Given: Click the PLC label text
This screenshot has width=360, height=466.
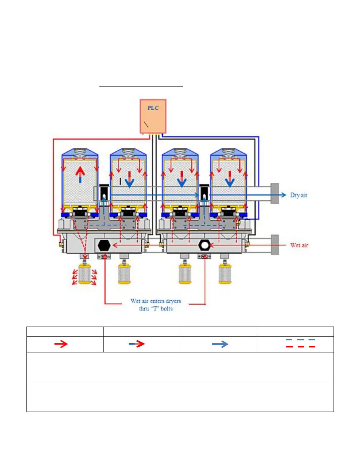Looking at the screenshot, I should click(x=153, y=108).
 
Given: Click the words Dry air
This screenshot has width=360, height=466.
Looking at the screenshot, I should click(x=298, y=195).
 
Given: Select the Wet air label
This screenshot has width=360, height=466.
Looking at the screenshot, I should click(x=299, y=245).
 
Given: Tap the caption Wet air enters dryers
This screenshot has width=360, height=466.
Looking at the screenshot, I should click(x=156, y=301).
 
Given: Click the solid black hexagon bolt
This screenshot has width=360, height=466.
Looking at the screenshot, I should click(x=104, y=245).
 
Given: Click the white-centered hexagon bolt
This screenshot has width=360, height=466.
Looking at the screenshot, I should click(x=204, y=245).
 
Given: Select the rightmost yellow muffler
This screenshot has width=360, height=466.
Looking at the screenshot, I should click(x=225, y=274).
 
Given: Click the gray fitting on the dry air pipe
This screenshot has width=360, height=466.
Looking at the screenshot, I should click(x=275, y=193).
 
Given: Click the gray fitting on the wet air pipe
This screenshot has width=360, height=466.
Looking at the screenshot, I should click(x=275, y=244).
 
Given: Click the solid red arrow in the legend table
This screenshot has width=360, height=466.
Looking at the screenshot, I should click(x=61, y=344).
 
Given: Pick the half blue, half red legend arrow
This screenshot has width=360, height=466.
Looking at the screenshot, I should click(x=137, y=344).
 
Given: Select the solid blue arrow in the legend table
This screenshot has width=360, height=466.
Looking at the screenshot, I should click(x=220, y=344).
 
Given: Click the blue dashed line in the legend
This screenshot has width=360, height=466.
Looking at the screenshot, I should click(x=300, y=340).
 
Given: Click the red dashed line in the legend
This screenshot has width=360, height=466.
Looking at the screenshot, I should click(x=300, y=347).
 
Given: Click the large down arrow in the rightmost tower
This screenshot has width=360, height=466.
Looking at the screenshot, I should click(x=230, y=179).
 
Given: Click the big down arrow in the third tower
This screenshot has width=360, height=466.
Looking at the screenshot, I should click(x=182, y=179).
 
